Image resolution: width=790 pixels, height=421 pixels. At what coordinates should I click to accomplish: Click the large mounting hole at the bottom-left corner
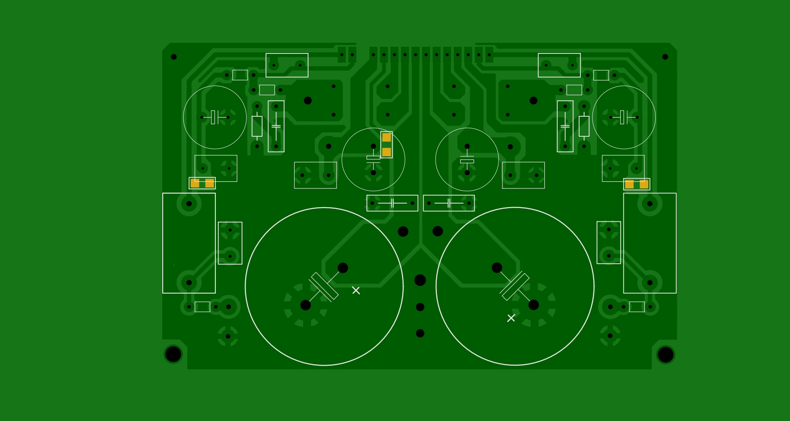(x=173, y=354)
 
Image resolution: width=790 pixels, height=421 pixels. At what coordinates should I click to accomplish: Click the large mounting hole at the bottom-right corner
(x=665, y=355)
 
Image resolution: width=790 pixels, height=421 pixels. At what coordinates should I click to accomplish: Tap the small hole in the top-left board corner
(x=174, y=57)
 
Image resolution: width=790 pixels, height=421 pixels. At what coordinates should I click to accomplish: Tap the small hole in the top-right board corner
(x=665, y=57)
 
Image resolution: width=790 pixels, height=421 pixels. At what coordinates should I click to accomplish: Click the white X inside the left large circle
(x=356, y=290)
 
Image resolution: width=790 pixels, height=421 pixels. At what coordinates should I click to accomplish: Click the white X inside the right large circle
(x=511, y=318)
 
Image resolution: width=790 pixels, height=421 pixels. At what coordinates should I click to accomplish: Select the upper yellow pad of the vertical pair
(x=387, y=137)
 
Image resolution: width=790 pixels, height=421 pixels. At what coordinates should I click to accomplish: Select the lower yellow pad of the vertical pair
(x=387, y=152)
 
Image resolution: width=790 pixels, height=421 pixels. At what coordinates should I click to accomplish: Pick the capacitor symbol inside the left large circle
(x=324, y=287)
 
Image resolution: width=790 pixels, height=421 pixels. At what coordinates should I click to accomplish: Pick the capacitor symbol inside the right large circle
(x=515, y=286)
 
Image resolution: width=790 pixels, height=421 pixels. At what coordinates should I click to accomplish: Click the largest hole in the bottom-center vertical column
(x=420, y=280)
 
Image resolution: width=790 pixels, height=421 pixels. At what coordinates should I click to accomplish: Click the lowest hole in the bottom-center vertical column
(x=420, y=333)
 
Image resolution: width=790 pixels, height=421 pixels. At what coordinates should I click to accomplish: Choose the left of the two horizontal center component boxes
(x=392, y=203)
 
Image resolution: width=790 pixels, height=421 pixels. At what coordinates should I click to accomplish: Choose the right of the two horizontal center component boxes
(x=449, y=203)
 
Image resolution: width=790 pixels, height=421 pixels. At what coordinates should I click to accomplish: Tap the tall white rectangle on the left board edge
(x=189, y=243)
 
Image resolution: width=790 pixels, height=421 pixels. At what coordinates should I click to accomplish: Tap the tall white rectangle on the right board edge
(x=650, y=243)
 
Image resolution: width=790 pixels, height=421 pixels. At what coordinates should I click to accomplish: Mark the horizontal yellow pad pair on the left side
(x=202, y=183)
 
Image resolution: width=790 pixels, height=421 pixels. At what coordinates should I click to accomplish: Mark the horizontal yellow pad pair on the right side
(x=637, y=184)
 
